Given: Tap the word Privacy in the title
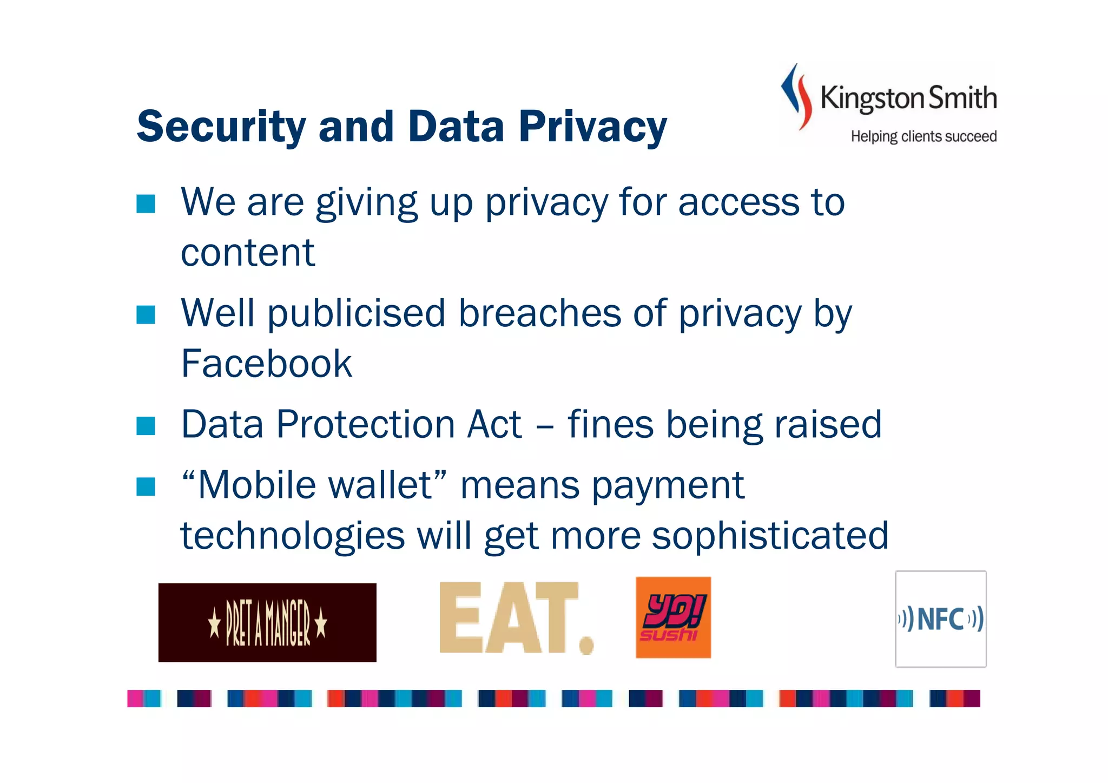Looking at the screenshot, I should tap(593, 127).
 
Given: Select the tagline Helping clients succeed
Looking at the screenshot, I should tap(924, 136).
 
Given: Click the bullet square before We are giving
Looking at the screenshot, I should tap(146, 204).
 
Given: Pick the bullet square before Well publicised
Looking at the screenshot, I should tap(146, 315).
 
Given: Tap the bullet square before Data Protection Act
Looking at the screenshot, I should tap(146, 426).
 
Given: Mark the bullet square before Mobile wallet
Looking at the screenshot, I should tap(146, 486).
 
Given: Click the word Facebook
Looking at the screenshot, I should tap(266, 364).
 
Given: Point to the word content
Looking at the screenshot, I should tap(247, 253).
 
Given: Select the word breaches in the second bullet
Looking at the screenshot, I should tap(539, 313).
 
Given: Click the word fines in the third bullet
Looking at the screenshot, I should tap(610, 424).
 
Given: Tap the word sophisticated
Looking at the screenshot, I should tap(770, 536).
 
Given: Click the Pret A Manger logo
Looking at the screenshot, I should tap(267, 622).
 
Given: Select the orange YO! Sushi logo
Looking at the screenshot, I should tap(673, 617).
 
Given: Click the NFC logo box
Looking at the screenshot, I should tap(940, 618).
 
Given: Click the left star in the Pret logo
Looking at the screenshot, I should tap(215, 623).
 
